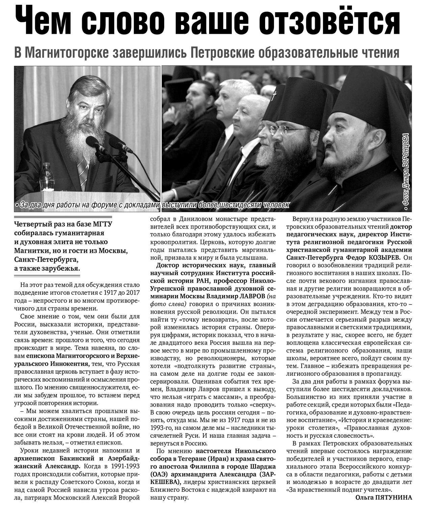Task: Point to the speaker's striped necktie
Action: coord(83,171)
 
